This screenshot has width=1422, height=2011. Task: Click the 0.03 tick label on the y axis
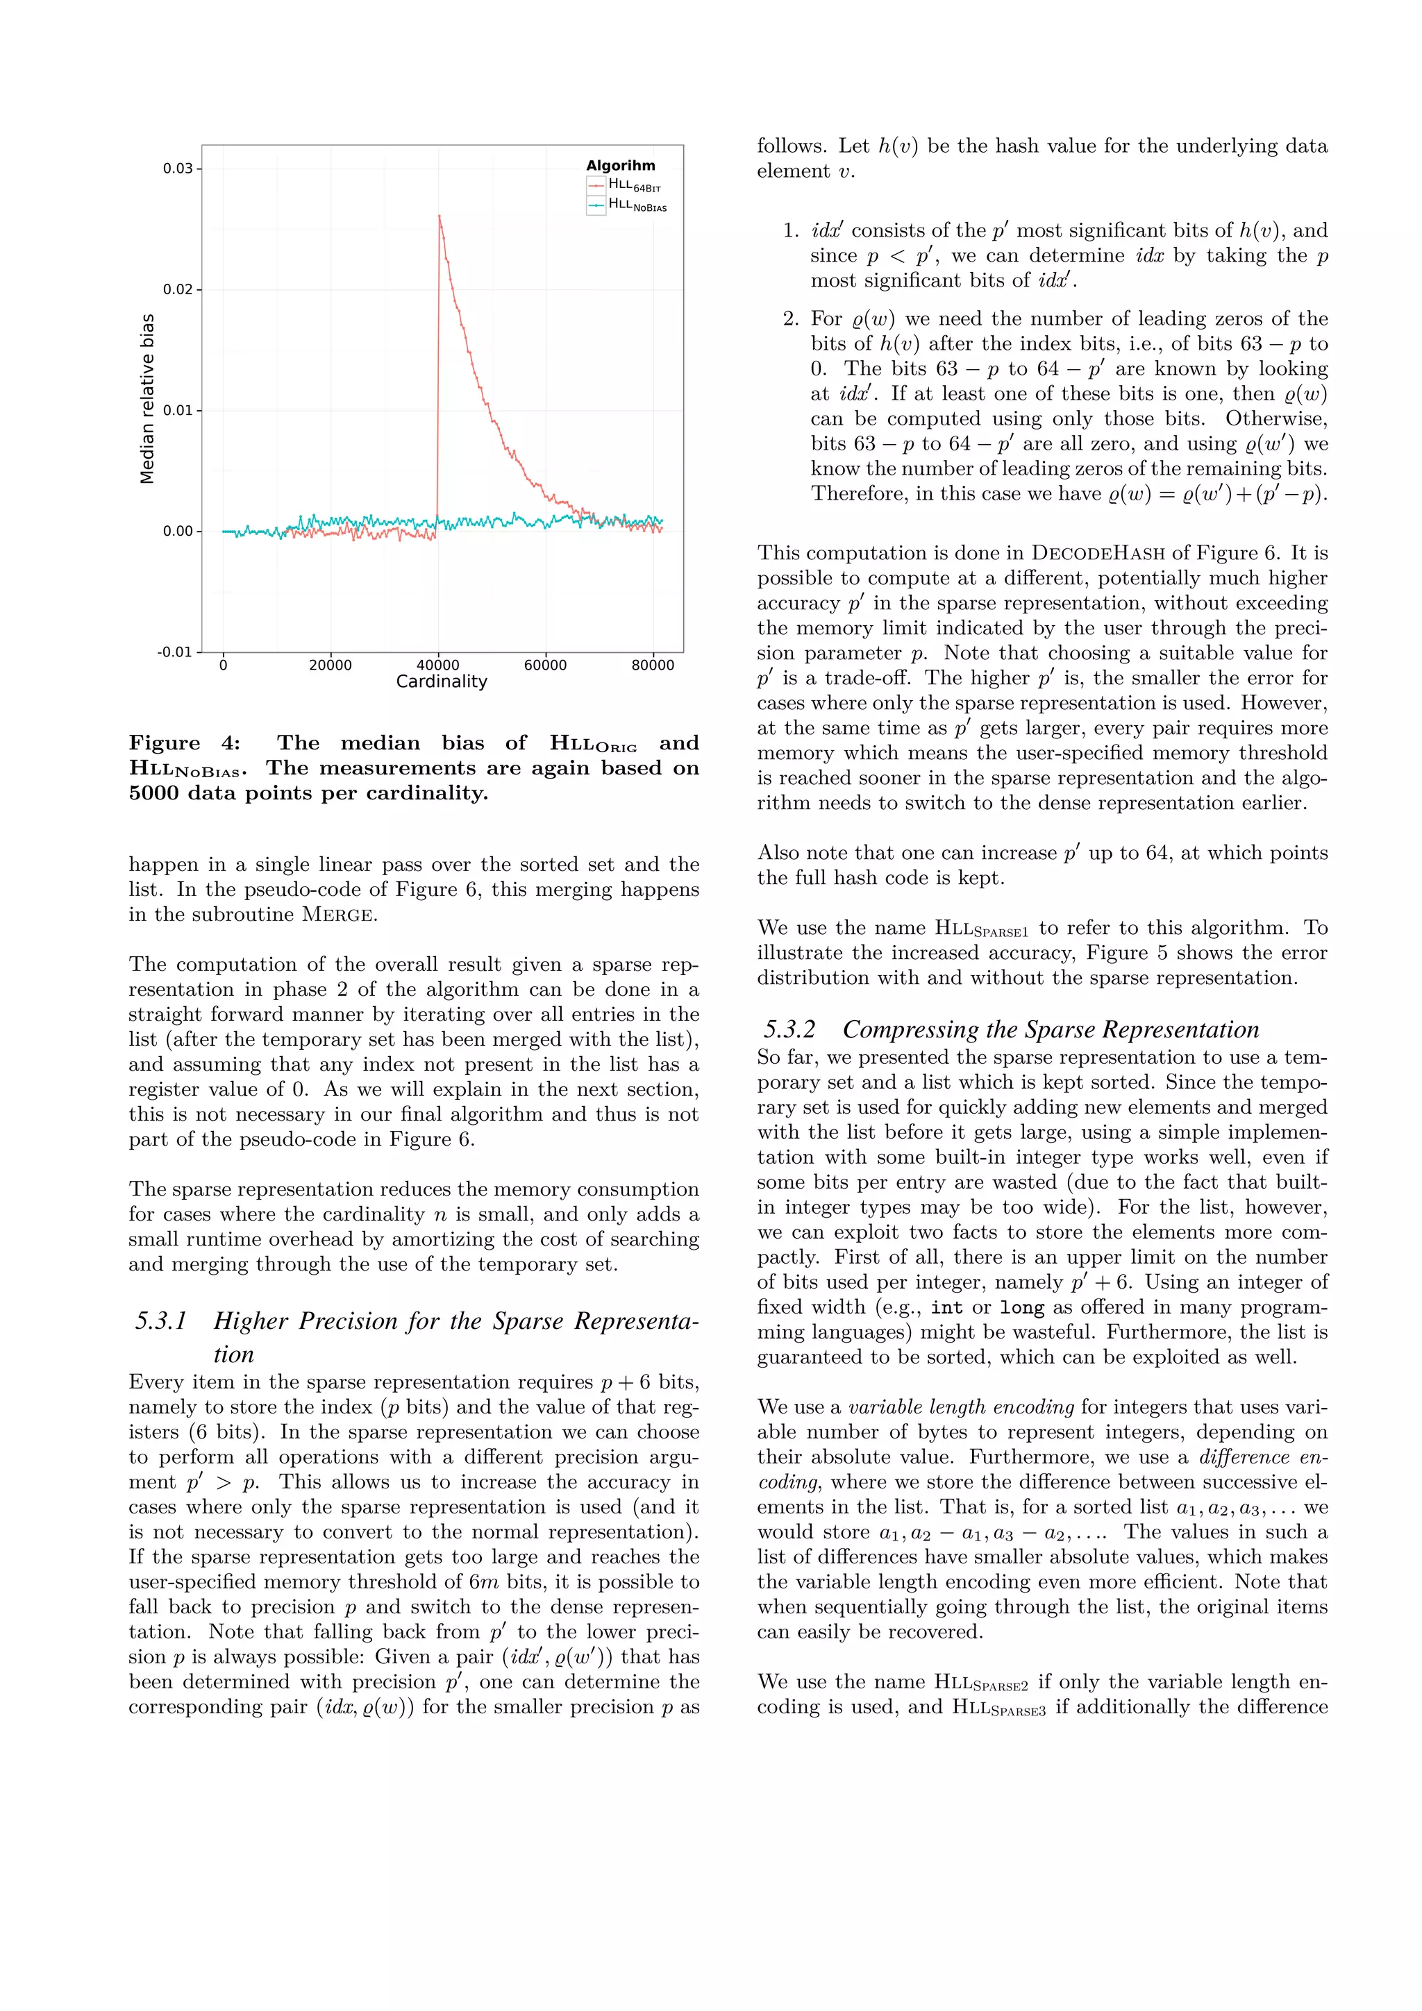click(177, 168)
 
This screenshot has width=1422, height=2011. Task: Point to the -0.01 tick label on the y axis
click(174, 652)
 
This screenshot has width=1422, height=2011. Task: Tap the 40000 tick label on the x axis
click(437, 665)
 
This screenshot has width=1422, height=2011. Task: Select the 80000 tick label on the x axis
click(653, 665)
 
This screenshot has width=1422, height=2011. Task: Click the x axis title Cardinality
click(441, 682)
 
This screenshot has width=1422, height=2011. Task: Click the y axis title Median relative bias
click(147, 398)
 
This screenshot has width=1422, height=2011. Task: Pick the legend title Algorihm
click(620, 166)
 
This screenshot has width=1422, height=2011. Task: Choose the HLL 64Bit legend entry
click(635, 185)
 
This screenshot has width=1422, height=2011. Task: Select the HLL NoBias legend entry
click(637, 205)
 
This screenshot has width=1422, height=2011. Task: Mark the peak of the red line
click(439, 217)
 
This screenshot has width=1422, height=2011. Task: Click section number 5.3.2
click(789, 1030)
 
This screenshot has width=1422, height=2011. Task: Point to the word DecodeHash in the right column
click(1098, 554)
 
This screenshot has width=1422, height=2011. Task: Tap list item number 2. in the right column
click(791, 319)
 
